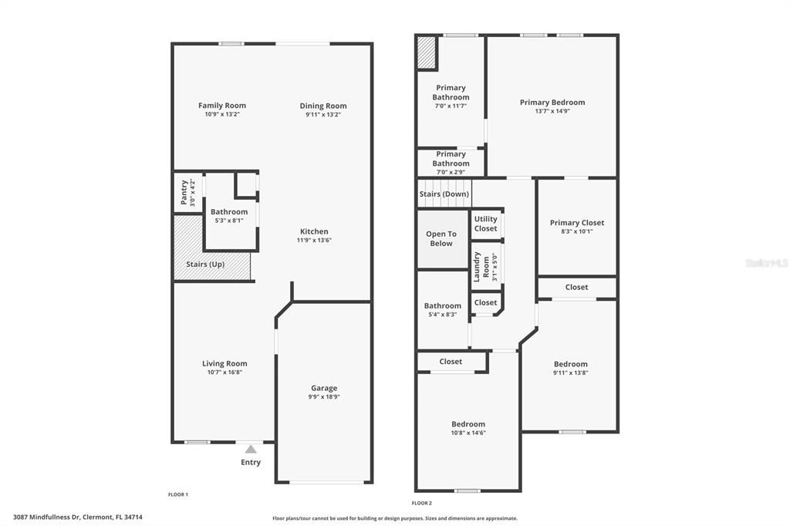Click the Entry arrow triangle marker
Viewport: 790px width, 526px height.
tap(250, 449)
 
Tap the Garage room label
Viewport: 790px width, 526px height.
tap(324, 388)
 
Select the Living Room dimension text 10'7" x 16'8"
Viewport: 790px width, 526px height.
tap(225, 373)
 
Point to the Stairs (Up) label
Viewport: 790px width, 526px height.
tap(206, 265)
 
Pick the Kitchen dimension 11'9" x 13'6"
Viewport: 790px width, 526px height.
tap(314, 240)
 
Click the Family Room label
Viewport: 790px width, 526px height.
tap(222, 106)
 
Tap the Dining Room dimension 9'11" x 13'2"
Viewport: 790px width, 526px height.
tap(323, 115)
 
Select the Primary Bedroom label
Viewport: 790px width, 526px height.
tap(552, 102)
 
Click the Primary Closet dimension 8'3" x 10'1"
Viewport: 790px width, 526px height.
tap(576, 231)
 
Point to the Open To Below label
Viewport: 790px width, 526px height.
tap(441, 238)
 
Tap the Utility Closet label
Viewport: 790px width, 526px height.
tap(486, 224)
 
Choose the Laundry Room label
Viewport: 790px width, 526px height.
tap(477, 265)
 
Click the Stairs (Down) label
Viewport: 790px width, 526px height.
tap(444, 194)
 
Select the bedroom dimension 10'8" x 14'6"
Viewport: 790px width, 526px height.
tap(468, 433)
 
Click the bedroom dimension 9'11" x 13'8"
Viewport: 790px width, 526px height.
tap(570, 373)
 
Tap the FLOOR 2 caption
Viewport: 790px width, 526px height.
tap(421, 502)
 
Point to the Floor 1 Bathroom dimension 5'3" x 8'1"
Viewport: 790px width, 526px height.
tap(229, 221)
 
